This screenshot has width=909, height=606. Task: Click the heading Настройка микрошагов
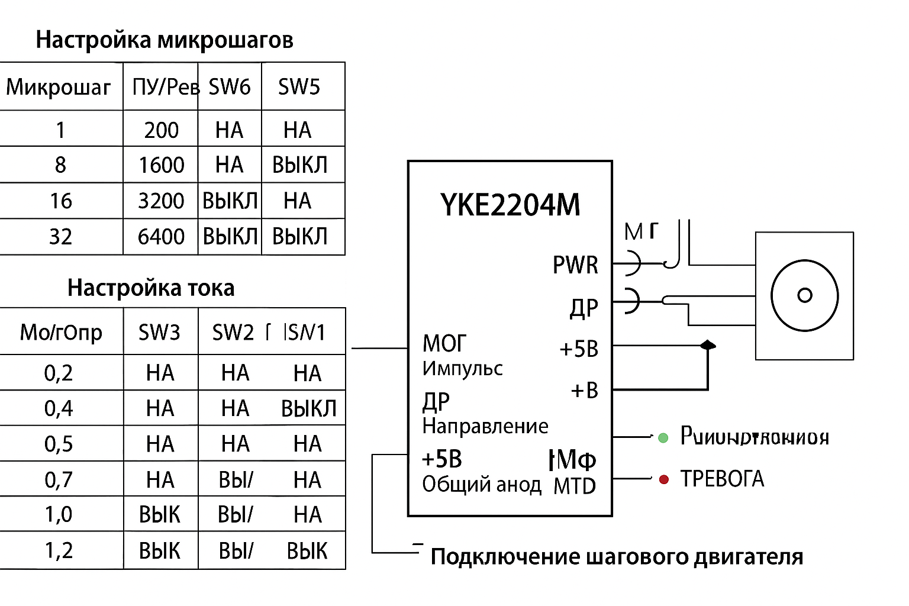pos(165,40)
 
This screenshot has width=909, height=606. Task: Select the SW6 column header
pos(230,87)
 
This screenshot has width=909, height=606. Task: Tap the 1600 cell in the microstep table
pos(161,165)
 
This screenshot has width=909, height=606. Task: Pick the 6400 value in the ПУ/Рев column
pos(161,237)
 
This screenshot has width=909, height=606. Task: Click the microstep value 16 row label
pos(60,201)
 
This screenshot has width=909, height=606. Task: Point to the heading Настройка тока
pos(151,288)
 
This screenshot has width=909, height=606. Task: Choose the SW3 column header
pos(159,333)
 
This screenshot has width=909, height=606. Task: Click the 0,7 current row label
pos(59,479)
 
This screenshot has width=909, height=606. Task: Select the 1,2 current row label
pos(59,550)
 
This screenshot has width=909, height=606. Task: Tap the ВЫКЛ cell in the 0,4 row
pos(308,408)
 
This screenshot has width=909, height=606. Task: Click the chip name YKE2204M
pos(510,205)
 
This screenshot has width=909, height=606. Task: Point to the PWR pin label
pos(575,265)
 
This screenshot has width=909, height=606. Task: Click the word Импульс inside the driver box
pos(463,369)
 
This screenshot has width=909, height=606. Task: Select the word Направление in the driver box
pos(485,426)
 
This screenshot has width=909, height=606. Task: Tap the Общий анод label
pos(482,485)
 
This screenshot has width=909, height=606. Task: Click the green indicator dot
pos(663,438)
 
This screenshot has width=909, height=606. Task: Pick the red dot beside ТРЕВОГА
pos(664,479)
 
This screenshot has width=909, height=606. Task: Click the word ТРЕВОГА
pos(722,479)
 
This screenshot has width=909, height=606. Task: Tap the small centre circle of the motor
pos(805,295)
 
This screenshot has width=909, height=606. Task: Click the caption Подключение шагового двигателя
pos(617,557)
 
